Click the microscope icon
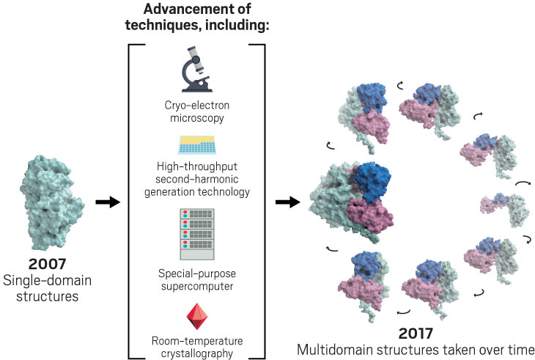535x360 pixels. click(196, 69)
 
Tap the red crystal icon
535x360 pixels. click(197, 316)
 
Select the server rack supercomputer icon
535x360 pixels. click(197, 234)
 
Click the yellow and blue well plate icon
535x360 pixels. click(197, 145)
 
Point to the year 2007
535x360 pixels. click(47, 264)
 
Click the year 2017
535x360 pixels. click(416, 334)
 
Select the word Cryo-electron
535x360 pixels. click(197, 105)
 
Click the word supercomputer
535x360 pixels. click(197, 286)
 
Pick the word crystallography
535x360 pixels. click(197, 353)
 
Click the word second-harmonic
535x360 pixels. click(197, 179)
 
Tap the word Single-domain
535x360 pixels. click(47, 281)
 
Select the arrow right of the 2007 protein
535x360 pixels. click(108, 202)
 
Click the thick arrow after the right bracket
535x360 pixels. click(287, 202)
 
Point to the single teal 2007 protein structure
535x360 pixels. click(52, 202)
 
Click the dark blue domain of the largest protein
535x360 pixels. click(372, 181)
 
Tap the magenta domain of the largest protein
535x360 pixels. click(369, 214)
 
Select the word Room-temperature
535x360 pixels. click(197, 341)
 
